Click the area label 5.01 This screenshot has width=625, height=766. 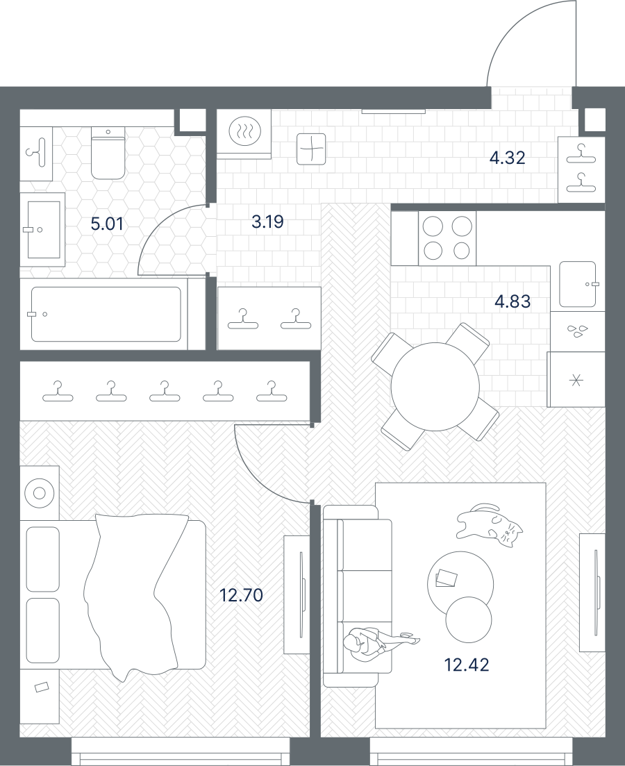107,224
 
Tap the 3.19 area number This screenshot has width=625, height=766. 267,222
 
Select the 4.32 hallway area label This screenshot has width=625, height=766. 507,158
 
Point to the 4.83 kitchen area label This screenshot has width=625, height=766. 512,301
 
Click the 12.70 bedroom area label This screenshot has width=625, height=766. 242,595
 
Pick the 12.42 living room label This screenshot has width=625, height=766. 467,665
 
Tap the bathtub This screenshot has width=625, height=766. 106,314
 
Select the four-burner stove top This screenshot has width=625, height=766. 447,238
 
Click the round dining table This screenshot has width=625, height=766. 435,386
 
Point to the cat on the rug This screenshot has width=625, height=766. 489,525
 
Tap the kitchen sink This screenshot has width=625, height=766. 578,284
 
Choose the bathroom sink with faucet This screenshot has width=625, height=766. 44,230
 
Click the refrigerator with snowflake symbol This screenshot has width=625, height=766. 576,380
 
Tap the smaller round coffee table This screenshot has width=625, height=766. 468,619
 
